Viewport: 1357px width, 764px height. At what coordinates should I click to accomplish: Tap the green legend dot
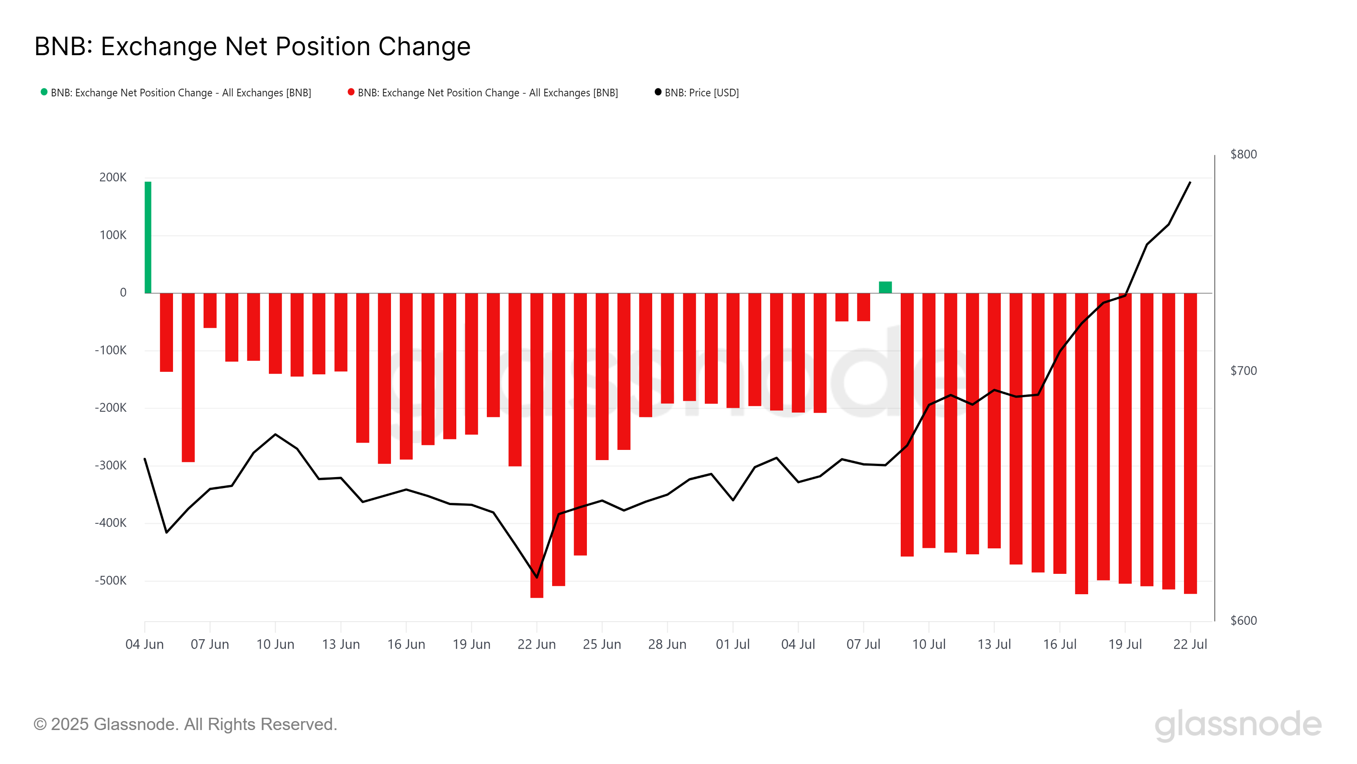[x=44, y=92]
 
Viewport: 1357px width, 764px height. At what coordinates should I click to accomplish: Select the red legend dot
[x=351, y=92]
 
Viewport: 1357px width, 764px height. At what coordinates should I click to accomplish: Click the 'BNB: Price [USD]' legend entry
[x=701, y=93]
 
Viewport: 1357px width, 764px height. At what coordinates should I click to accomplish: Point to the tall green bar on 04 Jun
[x=148, y=237]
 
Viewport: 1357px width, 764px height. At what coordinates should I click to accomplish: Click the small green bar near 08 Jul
[x=885, y=287]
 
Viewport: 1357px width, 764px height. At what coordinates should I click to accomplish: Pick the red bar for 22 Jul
[x=1190, y=443]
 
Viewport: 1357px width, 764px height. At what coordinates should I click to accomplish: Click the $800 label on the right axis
[x=1243, y=154]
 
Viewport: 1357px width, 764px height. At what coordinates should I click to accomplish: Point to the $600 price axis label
[x=1243, y=621]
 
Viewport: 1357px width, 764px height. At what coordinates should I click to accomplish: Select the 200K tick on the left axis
[x=113, y=178]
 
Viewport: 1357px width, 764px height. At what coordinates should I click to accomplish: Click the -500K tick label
[x=111, y=581]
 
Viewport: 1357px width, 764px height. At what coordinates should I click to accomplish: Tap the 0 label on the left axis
[x=123, y=292]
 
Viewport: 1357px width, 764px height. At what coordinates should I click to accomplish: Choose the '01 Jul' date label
[x=732, y=644]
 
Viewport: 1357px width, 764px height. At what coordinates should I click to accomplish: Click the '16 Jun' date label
[x=406, y=644]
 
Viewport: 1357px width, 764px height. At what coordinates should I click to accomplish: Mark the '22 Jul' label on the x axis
[x=1190, y=644]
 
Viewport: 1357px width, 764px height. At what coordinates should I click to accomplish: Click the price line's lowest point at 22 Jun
[x=537, y=577]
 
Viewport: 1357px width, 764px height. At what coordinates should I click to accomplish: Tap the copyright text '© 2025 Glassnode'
[x=185, y=725]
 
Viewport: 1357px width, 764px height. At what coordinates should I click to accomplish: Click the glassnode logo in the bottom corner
[x=1237, y=725]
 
